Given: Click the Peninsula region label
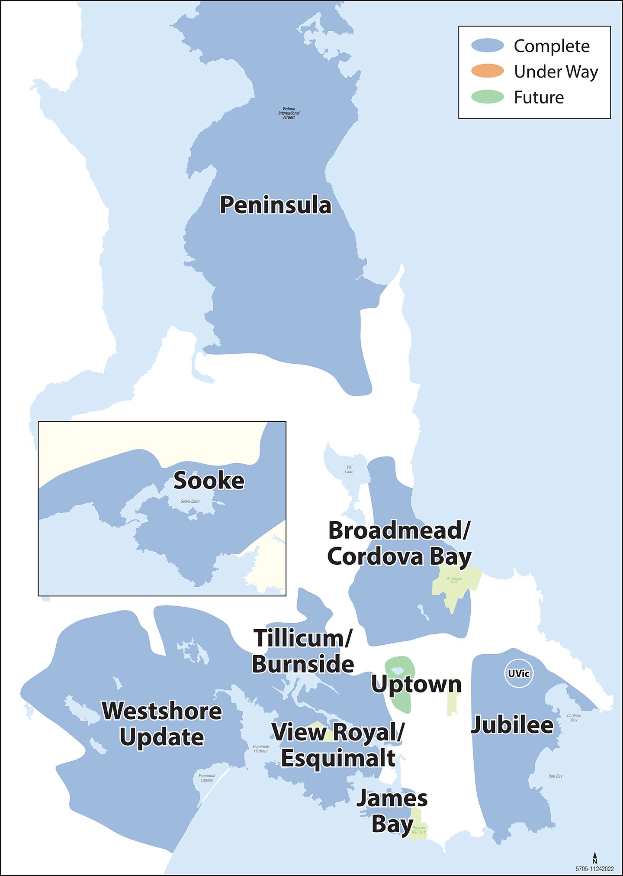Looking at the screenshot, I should pyautogui.click(x=276, y=205).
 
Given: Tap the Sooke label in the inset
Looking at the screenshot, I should pyautogui.click(x=209, y=481).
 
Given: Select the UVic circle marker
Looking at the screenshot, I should pyautogui.click(x=519, y=674).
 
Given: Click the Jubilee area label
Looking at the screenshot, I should pyautogui.click(x=512, y=725).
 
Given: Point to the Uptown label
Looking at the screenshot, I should pyautogui.click(x=416, y=685).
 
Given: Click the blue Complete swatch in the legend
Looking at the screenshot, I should pyautogui.click(x=488, y=45).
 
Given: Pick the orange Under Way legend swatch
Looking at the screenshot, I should pyautogui.click(x=488, y=71).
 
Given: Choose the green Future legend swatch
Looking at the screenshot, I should pyautogui.click(x=488, y=97).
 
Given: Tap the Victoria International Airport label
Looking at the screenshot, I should pyautogui.click(x=289, y=113).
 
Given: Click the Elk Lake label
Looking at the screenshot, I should pyautogui.click(x=349, y=469).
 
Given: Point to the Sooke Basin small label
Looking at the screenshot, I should pyautogui.click(x=190, y=501).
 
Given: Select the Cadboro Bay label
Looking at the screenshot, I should pyautogui.click(x=574, y=718).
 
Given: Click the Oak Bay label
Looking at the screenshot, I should pyautogui.click(x=555, y=776).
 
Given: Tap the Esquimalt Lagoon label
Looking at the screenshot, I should pyautogui.click(x=207, y=778).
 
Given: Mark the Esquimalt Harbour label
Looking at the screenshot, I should pyautogui.click(x=261, y=748).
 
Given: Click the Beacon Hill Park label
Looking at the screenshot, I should pyautogui.click(x=418, y=830).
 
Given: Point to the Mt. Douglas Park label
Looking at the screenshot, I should pyautogui.click(x=454, y=580).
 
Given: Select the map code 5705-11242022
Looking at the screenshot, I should pyautogui.click(x=594, y=869).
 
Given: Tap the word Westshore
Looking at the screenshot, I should pyautogui.click(x=162, y=711).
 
